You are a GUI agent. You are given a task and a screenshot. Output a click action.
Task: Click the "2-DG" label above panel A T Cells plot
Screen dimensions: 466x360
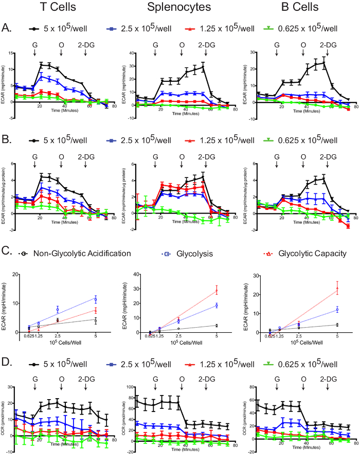(86, 45)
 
